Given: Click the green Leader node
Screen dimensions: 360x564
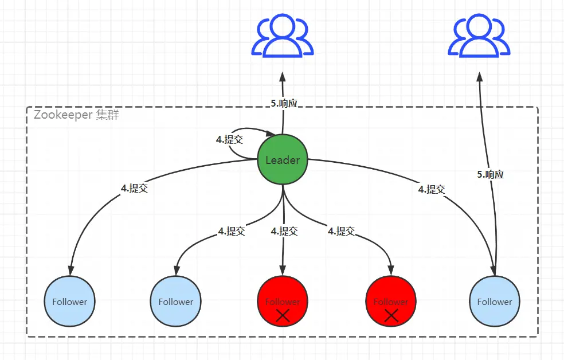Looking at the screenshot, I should tap(283, 160).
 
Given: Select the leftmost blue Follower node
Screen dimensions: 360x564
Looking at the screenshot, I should tap(70, 302).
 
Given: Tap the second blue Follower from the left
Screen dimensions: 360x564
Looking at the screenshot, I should tap(176, 302).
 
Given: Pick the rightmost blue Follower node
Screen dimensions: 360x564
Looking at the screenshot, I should tap(495, 302).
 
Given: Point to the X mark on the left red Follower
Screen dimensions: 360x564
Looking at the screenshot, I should tap(283, 315).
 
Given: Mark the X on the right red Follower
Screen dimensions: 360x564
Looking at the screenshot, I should tap(391, 315).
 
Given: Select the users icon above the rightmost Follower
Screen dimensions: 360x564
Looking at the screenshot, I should tap(479, 37).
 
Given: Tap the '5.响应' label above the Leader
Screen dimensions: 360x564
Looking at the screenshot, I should tap(284, 103).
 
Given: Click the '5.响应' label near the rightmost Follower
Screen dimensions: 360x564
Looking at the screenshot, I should tap(490, 175).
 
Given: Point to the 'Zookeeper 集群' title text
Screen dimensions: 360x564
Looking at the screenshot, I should tap(76, 114).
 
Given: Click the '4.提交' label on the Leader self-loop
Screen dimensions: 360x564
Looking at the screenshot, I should tap(230, 139).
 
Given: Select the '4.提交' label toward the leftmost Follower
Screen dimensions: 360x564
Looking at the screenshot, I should tap(134, 188).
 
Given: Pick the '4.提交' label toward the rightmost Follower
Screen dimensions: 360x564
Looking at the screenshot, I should tap(431, 189).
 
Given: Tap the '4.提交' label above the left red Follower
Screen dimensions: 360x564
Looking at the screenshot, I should tap(284, 231).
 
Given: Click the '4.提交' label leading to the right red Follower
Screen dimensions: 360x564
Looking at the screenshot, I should tap(342, 231).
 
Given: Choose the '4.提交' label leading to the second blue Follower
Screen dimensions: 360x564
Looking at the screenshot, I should tap(232, 231).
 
